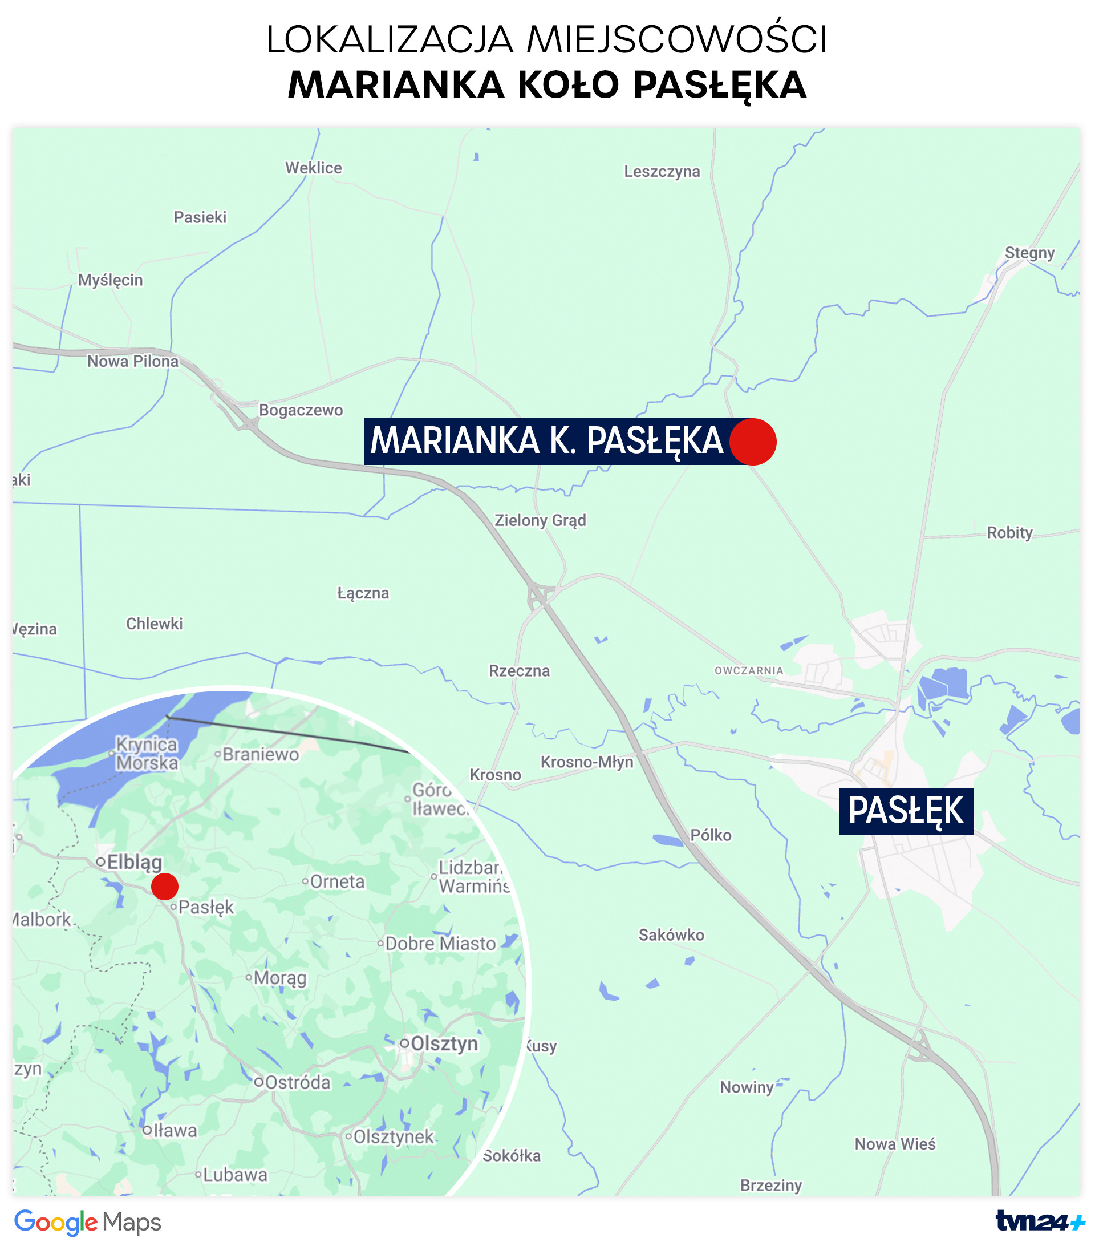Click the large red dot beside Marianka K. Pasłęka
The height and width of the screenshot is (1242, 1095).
(752, 442)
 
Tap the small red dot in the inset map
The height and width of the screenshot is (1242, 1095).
(165, 887)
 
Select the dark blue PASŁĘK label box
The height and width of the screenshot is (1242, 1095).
(906, 811)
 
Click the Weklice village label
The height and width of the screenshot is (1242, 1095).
(313, 168)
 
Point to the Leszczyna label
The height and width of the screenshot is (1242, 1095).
(662, 171)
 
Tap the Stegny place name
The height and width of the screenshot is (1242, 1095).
(1029, 253)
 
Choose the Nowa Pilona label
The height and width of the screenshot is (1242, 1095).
(132, 362)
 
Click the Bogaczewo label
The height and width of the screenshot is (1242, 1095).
(301, 410)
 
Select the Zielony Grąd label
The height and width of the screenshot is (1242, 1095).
(540, 520)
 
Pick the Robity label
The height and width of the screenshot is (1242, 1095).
(1009, 532)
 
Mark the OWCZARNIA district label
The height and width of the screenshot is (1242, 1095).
(748, 671)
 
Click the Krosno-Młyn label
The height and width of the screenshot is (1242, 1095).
(587, 762)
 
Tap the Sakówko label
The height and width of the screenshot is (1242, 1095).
(671, 934)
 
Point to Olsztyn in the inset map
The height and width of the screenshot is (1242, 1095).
(443, 1044)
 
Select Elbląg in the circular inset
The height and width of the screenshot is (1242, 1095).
(133, 862)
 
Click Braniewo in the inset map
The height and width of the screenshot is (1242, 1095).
(260, 755)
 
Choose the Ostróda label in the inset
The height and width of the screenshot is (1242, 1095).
(297, 1082)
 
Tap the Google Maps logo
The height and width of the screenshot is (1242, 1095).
(87, 1222)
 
